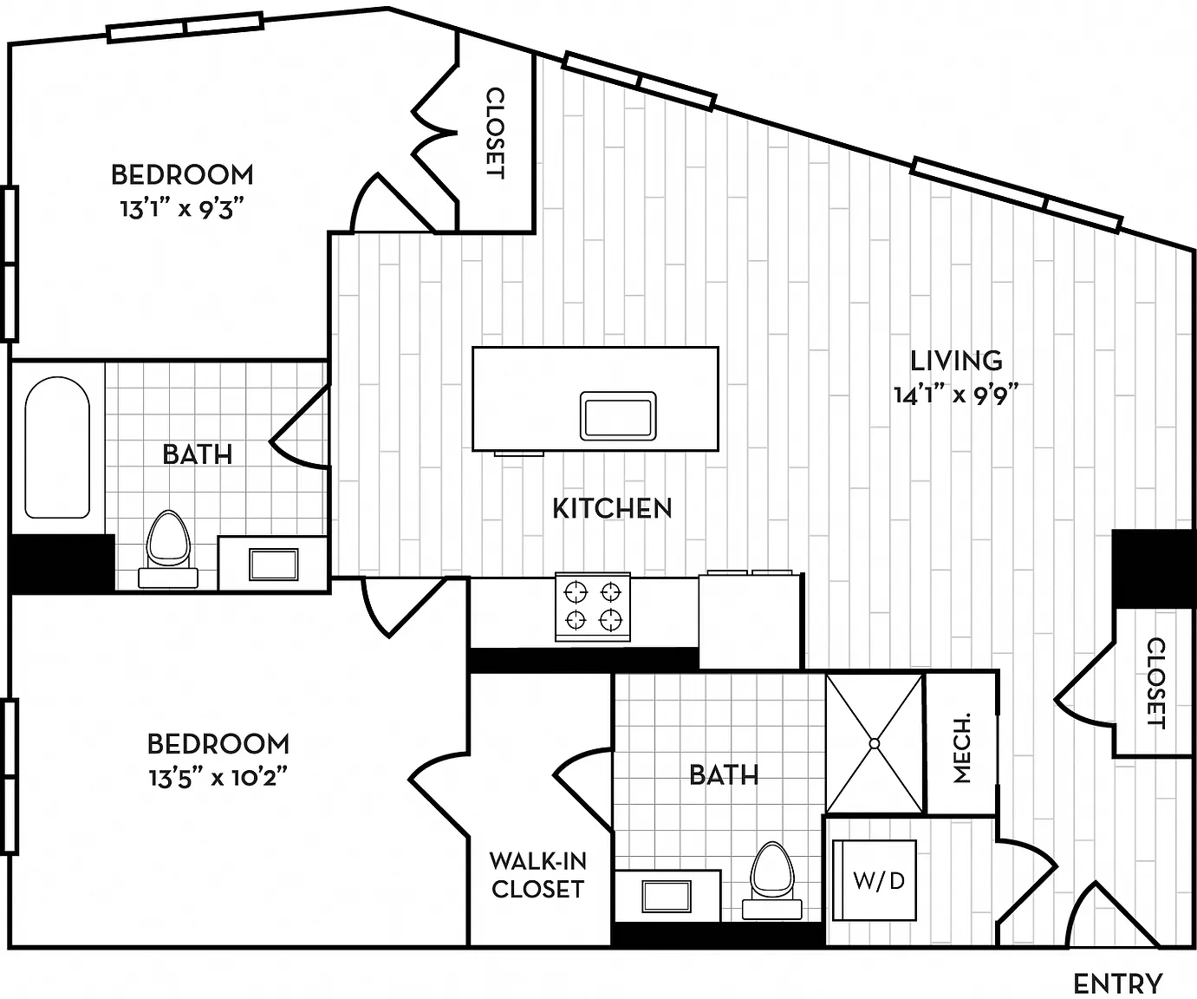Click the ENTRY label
click(1118, 983)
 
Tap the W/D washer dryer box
click(875, 880)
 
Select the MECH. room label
click(961, 748)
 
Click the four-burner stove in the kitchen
click(593, 607)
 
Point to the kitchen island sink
click(618, 415)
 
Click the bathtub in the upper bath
click(57, 447)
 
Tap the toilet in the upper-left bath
click(168, 549)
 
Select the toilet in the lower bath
click(771, 881)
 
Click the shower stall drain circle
click(875, 744)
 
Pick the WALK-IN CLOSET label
click(537, 875)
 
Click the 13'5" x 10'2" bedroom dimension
click(218, 778)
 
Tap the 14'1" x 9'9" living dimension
click(956, 395)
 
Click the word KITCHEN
click(612, 509)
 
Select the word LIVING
click(957, 361)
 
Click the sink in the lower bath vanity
click(667, 896)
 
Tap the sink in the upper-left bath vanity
click(273, 565)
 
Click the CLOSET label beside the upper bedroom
click(495, 133)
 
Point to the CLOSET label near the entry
click(1155, 683)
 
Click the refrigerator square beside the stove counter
click(749, 621)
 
